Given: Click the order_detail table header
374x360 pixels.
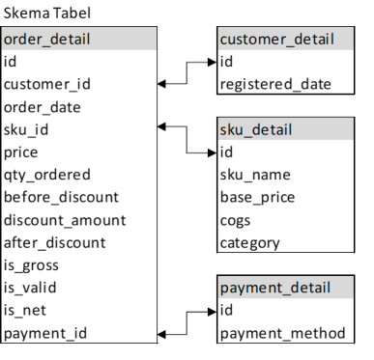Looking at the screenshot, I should pos(78,39).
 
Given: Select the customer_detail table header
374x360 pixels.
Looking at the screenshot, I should pos(286,39).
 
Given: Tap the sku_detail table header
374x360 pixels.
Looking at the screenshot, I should pos(286,129).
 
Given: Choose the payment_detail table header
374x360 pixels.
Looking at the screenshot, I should pos(286,288).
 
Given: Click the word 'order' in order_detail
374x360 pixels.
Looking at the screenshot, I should pos(21,40).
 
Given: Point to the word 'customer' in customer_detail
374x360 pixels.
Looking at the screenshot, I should pos(250,40).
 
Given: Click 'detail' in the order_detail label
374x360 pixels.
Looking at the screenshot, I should pos(69,40).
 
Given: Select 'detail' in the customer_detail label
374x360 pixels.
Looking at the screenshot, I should pos(310,40).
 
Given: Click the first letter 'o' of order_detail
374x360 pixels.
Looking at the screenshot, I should pos(8,41).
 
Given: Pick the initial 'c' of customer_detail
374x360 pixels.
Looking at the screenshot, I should pos(223,41).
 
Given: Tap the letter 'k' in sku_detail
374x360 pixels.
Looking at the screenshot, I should pos(232,129).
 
